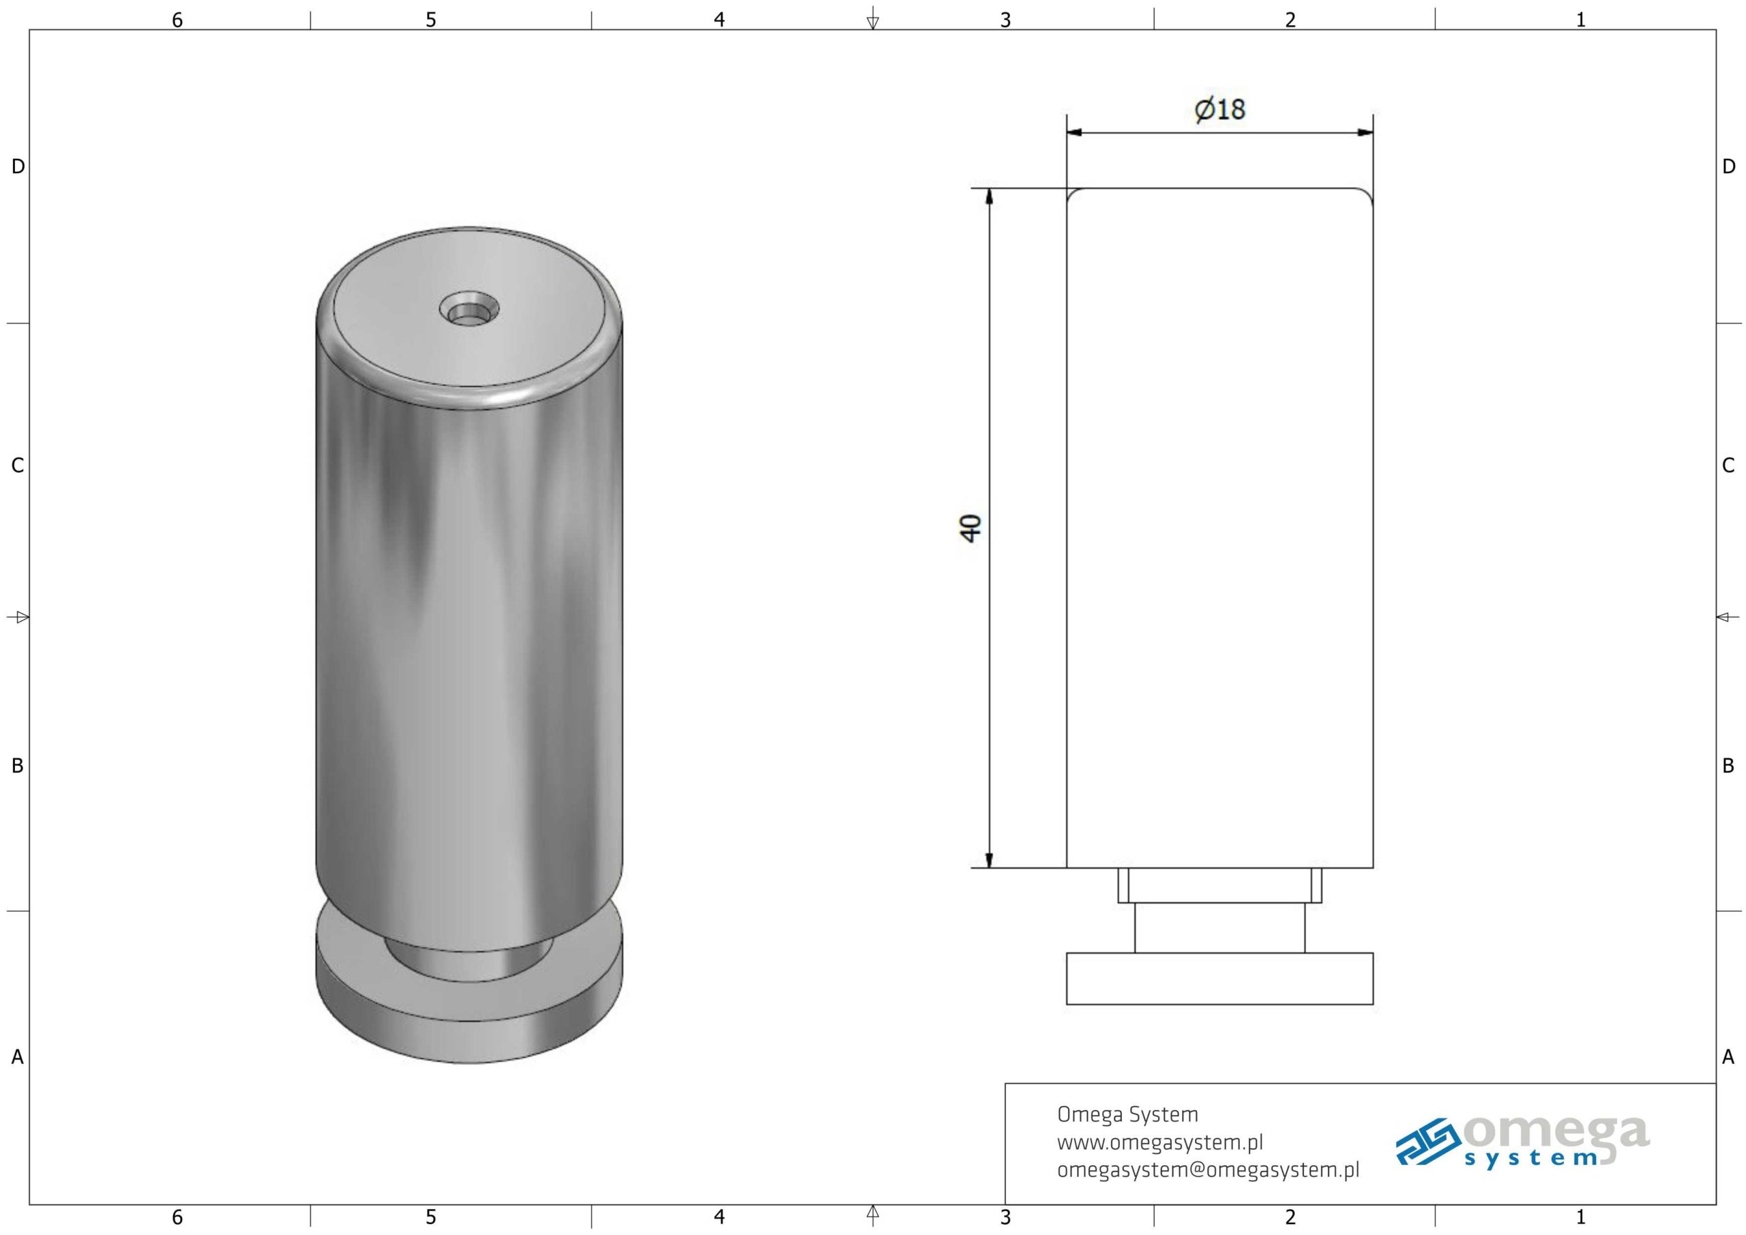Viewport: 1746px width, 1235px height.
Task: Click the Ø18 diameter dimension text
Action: (1219, 110)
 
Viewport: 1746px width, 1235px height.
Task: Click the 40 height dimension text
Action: (971, 528)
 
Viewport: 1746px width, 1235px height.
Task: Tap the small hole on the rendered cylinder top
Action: (469, 309)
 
